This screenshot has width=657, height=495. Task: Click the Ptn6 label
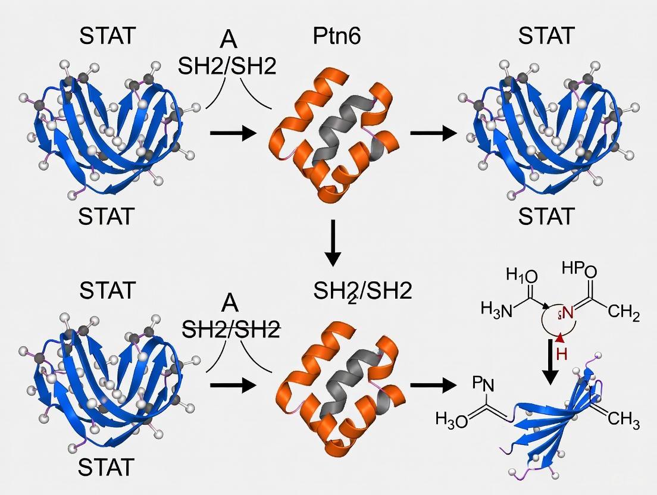pyautogui.click(x=336, y=37)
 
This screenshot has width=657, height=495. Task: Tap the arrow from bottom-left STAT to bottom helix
pyautogui.click(x=233, y=385)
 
